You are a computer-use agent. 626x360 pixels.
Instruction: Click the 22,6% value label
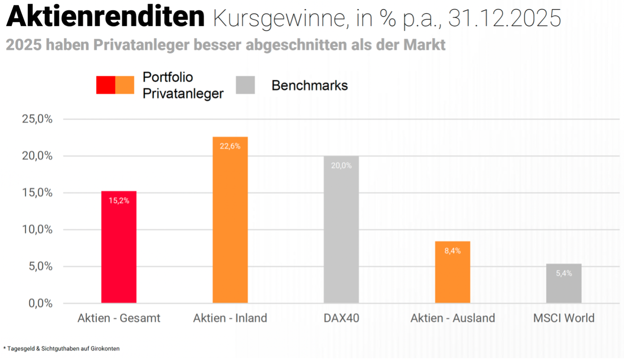(x=230, y=146)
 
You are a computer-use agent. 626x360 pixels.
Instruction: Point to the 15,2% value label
(x=119, y=201)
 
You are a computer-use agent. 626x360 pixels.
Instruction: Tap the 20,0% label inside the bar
(x=341, y=166)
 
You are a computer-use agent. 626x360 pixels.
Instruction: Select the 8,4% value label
(x=453, y=251)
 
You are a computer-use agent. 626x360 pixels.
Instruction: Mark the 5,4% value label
(x=564, y=273)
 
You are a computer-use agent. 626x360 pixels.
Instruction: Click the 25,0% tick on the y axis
(x=37, y=119)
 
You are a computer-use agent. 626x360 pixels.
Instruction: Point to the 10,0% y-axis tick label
(x=37, y=229)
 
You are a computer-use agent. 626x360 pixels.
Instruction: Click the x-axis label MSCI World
(x=564, y=318)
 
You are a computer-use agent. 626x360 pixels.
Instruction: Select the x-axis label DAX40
(x=341, y=318)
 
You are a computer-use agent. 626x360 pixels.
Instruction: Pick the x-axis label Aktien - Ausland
(x=453, y=318)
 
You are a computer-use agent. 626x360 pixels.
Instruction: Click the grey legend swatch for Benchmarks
(x=245, y=85)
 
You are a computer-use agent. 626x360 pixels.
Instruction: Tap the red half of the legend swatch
(x=106, y=85)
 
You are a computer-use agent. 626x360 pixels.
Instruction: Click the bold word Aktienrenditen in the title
(x=105, y=17)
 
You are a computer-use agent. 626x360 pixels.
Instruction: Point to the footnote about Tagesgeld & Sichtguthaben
(x=62, y=349)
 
